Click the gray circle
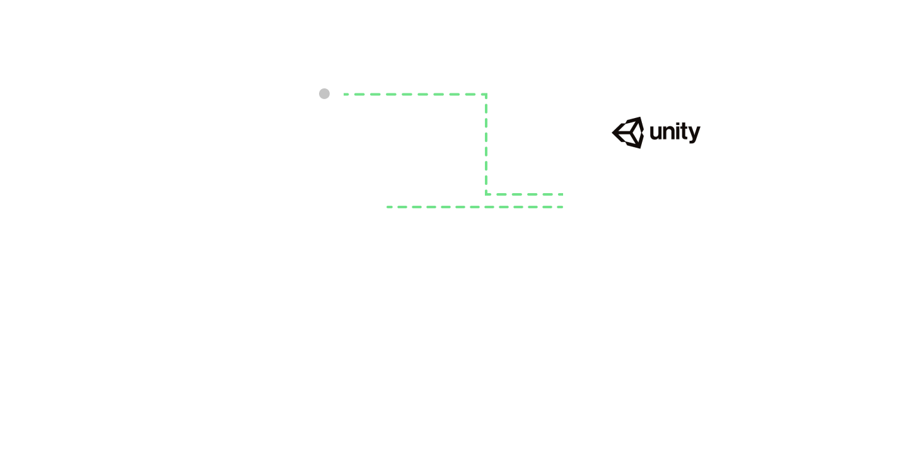tap(324, 94)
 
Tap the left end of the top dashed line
tap(344, 95)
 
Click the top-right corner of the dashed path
tap(486, 95)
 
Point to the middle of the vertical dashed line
tap(486, 145)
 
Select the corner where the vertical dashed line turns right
tap(486, 194)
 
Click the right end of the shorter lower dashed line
tap(562, 194)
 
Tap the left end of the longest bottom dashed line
tap(387, 207)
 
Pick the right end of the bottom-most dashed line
tap(562, 207)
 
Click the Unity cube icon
tap(628, 133)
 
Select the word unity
tap(675, 133)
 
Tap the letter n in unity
tap(669, 133)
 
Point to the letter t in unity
tap(685, 131)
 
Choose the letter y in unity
tap(695, 134)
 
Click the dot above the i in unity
tap(678, 123)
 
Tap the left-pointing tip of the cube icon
tap(612, 133)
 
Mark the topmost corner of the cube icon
tap(641, 117)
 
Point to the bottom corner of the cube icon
tap(641, 148)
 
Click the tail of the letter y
tap(692, 143)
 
